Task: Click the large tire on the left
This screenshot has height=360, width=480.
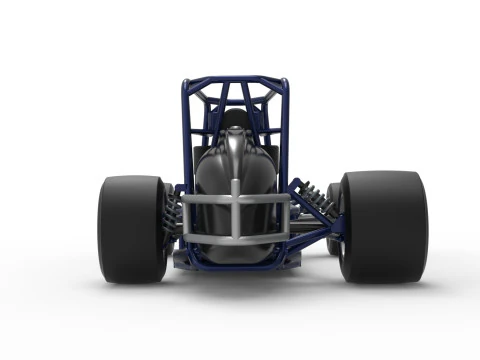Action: tap(131, 228)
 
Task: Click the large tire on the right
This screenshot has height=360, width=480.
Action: tap(384, 225)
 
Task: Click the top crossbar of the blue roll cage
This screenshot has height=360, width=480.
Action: tap(235, 80)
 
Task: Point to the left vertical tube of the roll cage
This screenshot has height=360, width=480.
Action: tap(185, 130)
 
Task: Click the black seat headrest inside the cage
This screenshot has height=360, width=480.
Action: tap(235, 121)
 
